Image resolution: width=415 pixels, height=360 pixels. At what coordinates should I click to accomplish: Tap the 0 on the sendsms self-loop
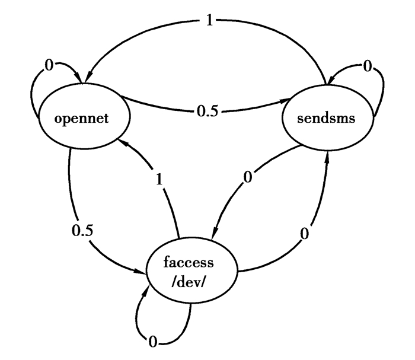tap(368, 68)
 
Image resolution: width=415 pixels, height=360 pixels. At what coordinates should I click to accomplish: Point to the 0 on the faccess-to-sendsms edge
tap(304, 235)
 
